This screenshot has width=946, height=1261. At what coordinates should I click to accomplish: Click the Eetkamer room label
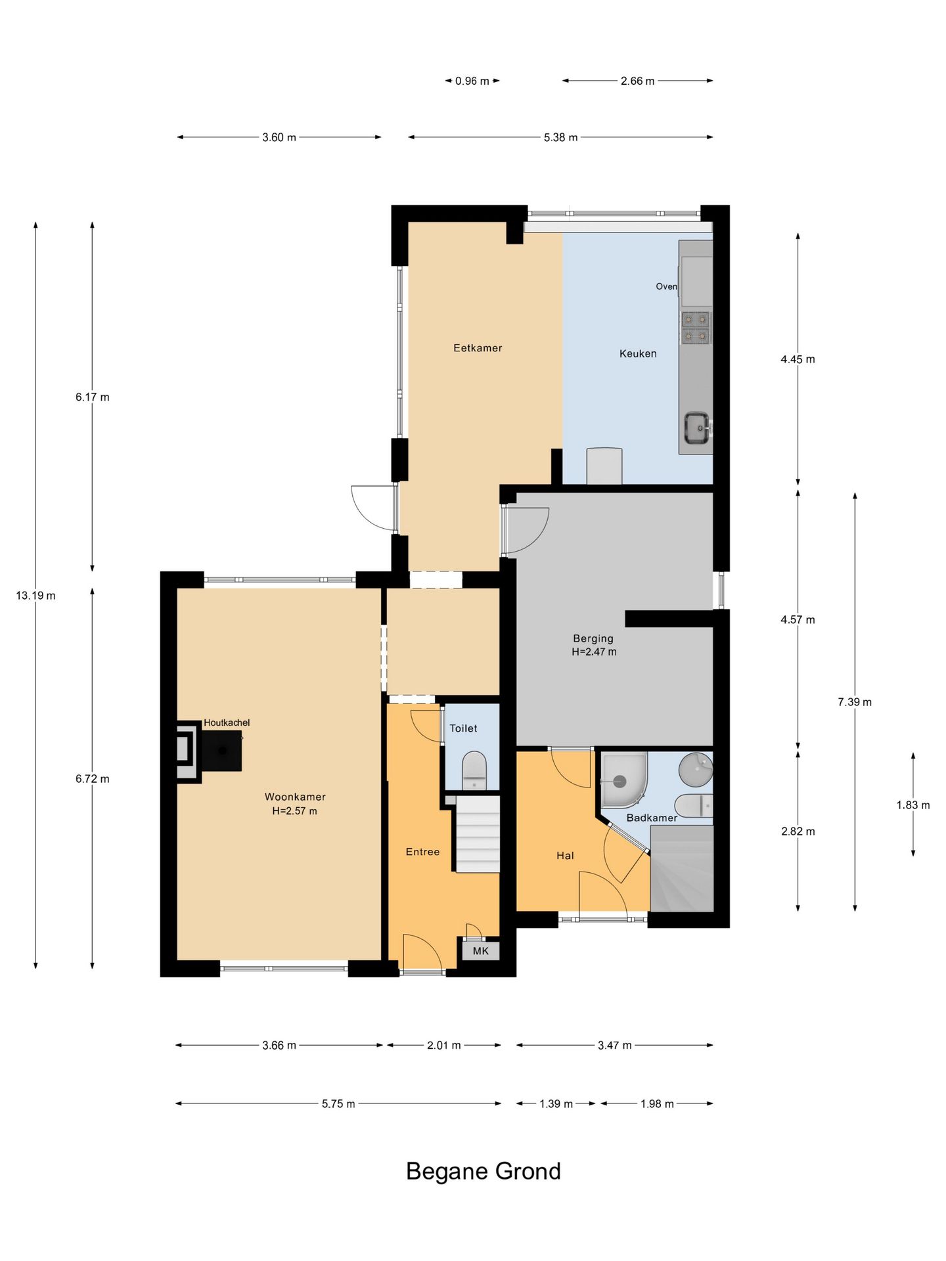478,348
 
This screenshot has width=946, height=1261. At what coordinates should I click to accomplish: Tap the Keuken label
638,353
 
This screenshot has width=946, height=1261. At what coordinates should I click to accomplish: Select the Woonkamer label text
295,797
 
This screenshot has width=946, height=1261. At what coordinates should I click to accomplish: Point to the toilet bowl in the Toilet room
474,770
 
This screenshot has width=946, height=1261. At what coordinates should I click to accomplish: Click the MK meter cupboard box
480,950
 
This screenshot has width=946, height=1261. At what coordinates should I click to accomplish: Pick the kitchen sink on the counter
696,428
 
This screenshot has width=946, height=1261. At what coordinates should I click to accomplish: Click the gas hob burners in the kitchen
696,328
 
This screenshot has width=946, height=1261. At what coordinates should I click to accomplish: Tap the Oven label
666,286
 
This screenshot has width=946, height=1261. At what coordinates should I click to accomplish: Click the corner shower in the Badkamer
623,780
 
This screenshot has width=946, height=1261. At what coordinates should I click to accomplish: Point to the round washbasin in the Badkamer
696,769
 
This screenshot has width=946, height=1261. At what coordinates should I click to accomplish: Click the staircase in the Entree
478,834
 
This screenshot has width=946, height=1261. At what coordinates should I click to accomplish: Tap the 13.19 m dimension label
35,596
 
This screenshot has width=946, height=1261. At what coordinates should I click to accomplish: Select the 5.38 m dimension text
560,137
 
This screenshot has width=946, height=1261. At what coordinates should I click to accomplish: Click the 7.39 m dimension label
855,702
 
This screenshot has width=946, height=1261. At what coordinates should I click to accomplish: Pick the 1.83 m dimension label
913,805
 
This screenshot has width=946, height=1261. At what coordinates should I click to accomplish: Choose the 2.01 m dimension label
444,1045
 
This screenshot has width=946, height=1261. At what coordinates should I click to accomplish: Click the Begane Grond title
484,1171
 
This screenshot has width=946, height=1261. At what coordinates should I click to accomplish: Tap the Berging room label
593,638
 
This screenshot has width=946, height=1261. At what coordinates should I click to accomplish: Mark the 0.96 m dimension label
472,81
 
